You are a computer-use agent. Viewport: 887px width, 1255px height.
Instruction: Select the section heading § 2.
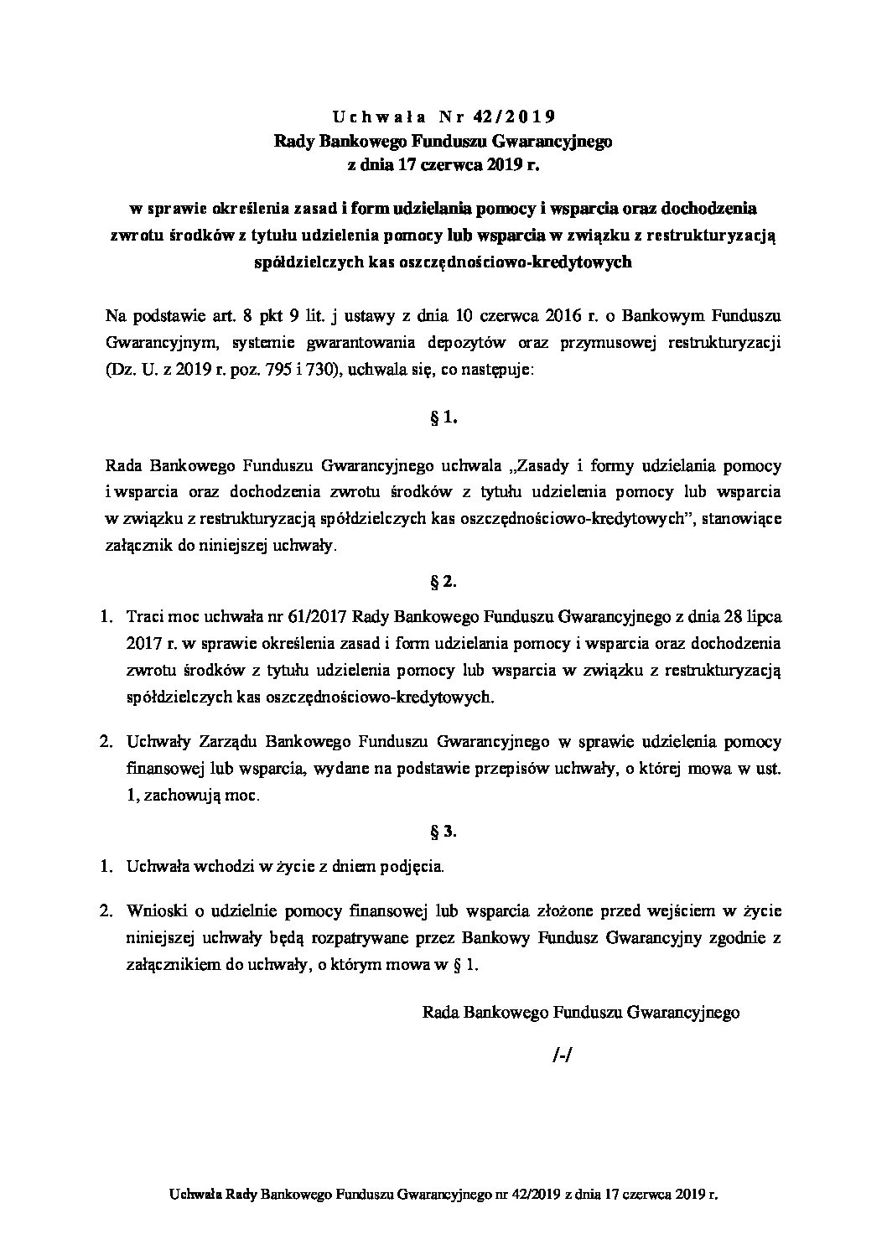(443, 580)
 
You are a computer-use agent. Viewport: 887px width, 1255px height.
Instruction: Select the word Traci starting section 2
(143, 618)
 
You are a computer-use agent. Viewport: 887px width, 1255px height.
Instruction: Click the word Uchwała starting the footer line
(194, 1191)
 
